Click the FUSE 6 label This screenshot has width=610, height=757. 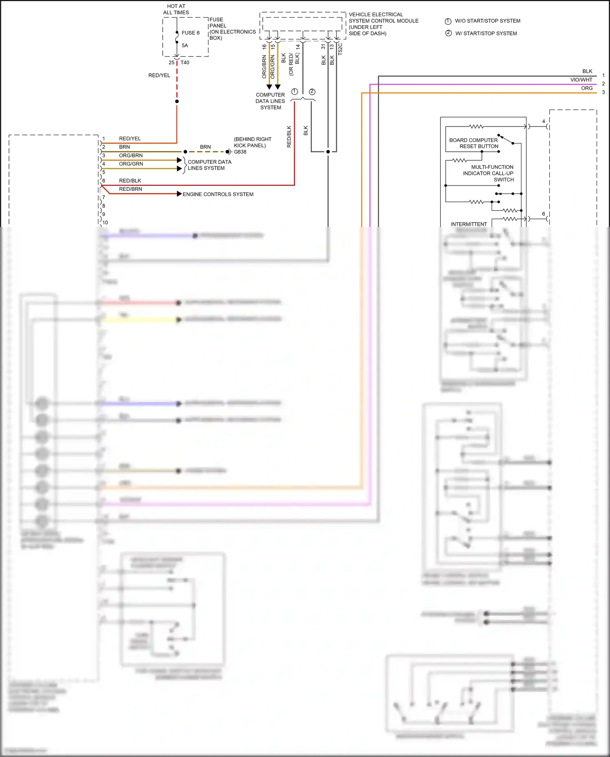point(190,33)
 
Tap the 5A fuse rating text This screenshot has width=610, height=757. point(185,46)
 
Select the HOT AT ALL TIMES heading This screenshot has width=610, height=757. point(176,9)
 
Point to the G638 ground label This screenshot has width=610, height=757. point(240,152)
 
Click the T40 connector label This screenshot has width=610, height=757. point(185,63)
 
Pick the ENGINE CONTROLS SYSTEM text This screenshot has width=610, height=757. point(218,194)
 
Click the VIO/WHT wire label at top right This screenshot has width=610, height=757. point(581,80)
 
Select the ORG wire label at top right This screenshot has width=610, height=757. point(586,88)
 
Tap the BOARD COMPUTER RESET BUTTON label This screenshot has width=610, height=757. point(473,143)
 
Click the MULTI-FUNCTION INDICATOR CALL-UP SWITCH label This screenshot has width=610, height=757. point(488,173)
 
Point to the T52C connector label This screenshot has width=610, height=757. point(340,49)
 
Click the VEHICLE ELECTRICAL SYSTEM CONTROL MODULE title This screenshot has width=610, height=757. point(383,24)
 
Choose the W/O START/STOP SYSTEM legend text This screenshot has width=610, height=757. point(487,21)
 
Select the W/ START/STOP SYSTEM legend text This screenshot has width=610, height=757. point(486,33)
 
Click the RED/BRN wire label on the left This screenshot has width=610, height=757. point(131,189)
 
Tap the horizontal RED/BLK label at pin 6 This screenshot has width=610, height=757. point(130,181)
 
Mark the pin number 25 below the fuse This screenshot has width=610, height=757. point(171,63)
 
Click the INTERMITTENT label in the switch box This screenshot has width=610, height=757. point(468,224)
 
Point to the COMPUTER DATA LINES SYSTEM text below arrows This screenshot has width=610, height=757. point(270,101)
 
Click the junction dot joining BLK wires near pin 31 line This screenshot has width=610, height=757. point(328,152)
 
